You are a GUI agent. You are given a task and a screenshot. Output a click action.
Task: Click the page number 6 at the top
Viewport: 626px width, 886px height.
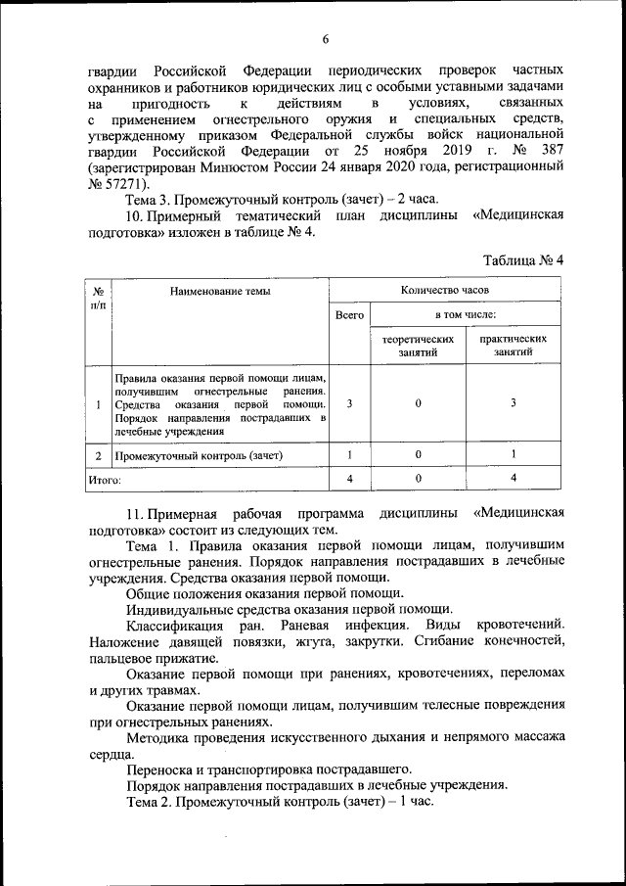tap(326, 39)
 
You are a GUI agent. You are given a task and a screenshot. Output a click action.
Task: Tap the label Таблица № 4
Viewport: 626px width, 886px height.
tap(524, 260)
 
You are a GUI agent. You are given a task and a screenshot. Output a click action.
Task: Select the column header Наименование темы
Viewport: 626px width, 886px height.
tap(220, 290)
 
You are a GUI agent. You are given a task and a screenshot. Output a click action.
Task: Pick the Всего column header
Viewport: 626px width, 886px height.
tap(349, 315)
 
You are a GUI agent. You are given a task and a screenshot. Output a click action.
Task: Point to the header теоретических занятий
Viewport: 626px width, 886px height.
tap(418, 346)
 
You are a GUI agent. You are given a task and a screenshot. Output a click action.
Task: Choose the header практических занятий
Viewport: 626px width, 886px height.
tap(514, 346)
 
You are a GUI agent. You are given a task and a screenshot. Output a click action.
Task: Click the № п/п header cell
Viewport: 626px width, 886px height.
tap(99, 298)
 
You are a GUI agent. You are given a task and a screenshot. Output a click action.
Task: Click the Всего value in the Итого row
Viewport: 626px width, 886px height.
tap(349, 479)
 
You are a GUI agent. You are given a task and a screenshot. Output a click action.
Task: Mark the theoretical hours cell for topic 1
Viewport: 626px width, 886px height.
tap(418, 403)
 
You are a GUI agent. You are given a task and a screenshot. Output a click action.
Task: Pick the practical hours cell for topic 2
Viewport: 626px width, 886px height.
tap(514, 455)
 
